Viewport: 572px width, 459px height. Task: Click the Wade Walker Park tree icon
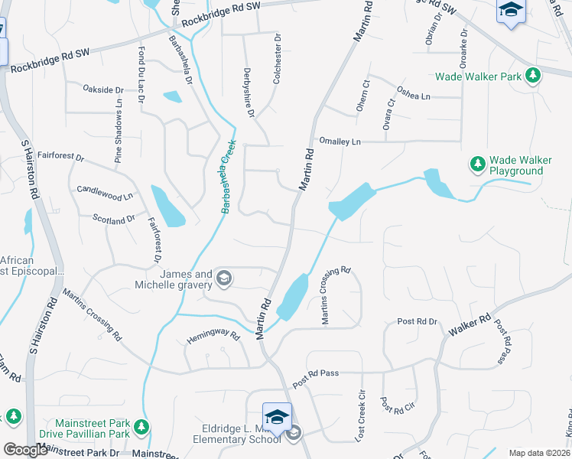pyautogui.click(x=534, y=76)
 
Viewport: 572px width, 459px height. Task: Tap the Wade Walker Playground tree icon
pyautogui.click(x=478, y=164)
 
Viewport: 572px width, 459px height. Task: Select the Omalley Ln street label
pyautogui.click(x=340, y=142)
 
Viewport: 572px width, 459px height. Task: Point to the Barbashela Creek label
pyautogui.click(x=226, y=177)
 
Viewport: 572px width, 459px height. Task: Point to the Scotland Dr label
pyautogui.click(x=113, y=220)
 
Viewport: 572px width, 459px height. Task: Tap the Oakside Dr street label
pyautogui.click(x=103, y=90)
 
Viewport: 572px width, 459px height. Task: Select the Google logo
pyautogui.click(x=26, y=450)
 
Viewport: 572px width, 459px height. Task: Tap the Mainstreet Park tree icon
pyautogui.click(x=140, y=427)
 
